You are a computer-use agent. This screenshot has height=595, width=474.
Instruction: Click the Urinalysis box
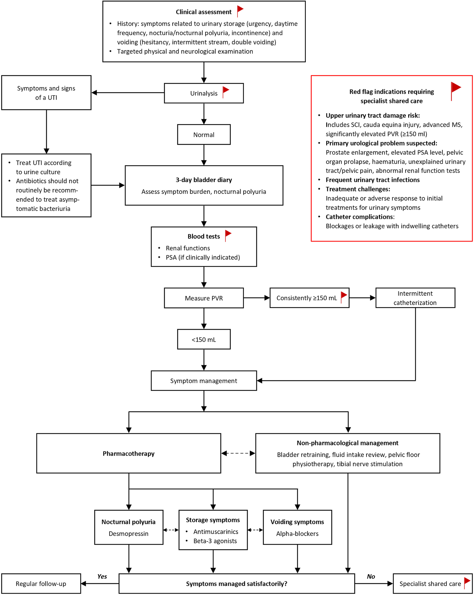[204, 93]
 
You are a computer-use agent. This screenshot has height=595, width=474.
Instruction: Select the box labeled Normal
[204, 134]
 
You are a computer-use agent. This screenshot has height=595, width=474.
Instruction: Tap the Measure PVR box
[204, 298]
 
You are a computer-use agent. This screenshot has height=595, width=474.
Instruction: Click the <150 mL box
[204, 339]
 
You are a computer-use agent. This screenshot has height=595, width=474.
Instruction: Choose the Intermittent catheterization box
[415, 298]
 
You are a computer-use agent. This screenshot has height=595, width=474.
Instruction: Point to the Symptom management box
[204, 381]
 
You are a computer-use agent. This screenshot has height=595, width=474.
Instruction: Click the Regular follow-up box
[41, 584]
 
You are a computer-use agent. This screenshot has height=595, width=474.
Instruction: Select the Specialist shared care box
[433, 584]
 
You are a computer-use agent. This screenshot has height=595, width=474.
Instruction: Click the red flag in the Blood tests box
[228, 236]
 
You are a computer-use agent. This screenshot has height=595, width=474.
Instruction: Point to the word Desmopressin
[129, 534]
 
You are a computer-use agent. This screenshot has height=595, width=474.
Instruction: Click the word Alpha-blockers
[297, 534]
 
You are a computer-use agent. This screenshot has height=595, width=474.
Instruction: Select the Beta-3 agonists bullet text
[215, 541]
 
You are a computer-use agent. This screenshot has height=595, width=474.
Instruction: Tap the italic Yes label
[102, 577]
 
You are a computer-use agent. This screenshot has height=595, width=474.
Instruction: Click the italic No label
[371, 577]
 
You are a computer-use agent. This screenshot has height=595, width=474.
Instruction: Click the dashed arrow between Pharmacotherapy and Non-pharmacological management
[238, 453]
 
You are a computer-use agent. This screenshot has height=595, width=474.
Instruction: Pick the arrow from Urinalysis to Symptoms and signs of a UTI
[128, 93]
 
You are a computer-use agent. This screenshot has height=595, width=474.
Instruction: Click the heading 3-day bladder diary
[204, 180]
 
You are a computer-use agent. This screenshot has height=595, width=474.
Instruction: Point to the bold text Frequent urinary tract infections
[373, 180]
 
